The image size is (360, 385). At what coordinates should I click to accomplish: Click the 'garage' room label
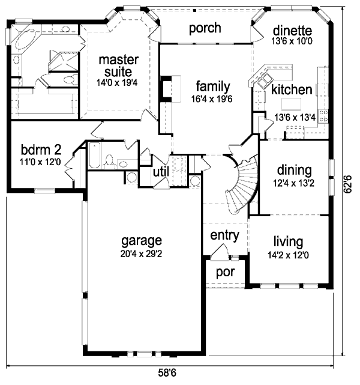click(142, 241)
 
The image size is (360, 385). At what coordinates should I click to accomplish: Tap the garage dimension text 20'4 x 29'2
click(142, 253)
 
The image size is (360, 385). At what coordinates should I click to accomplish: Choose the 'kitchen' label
click(291, 90)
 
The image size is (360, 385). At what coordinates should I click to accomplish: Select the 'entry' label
click(225, 235)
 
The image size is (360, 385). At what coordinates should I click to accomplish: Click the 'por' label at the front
click(225, 271)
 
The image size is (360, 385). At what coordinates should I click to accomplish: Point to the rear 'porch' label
click(205, 28)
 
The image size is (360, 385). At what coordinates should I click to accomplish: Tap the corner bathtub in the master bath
click(26, 43)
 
